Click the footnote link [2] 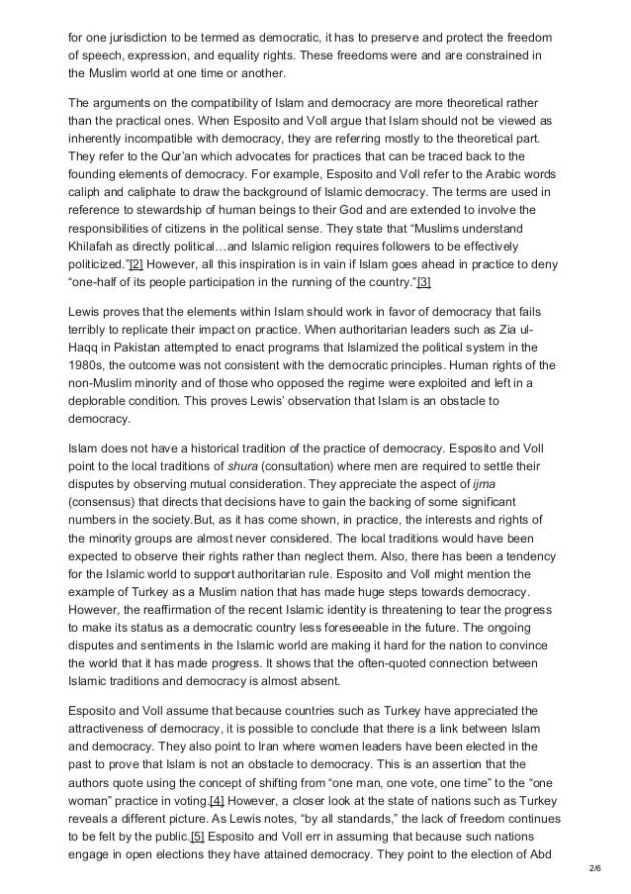coord(134,265)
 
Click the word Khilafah coord(93,247)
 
